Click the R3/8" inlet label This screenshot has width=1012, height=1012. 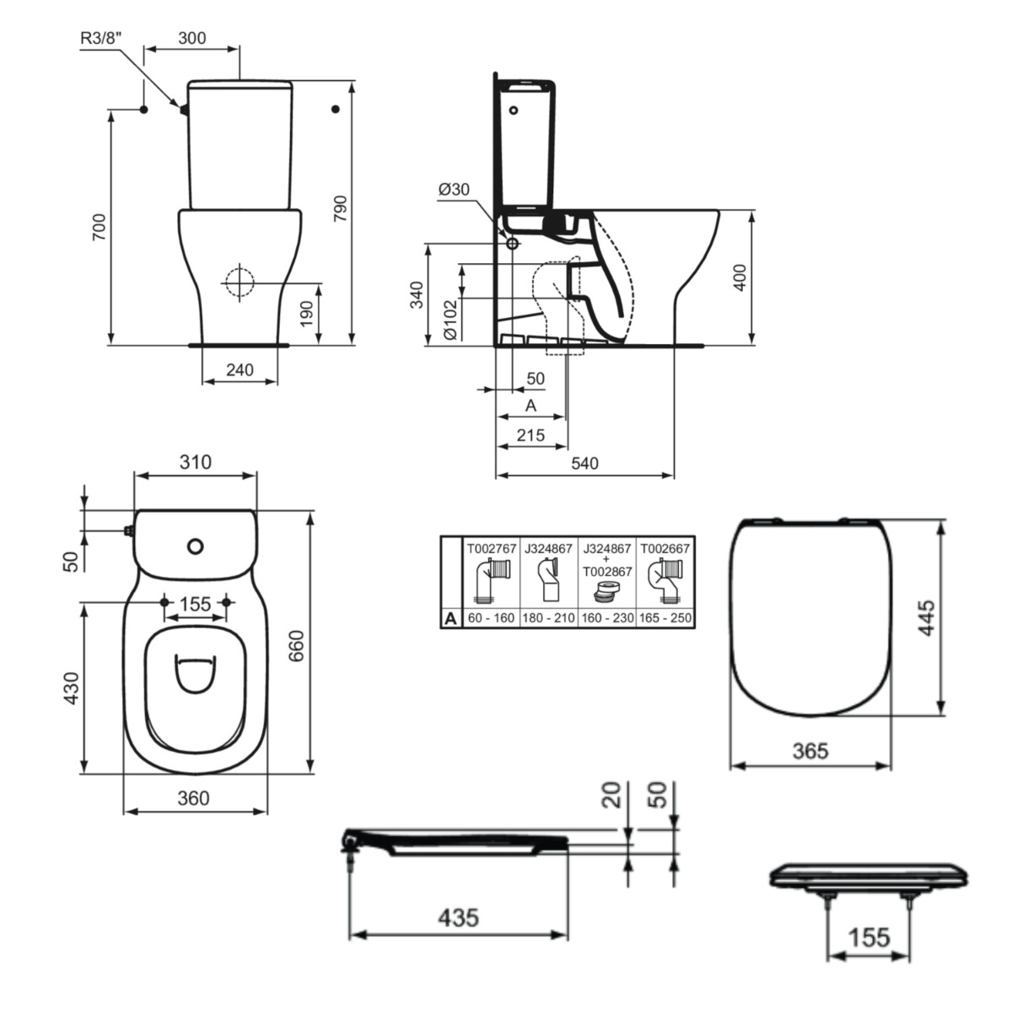click(x=105, y=38)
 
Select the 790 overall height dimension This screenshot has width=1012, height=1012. click(x=341, y=208)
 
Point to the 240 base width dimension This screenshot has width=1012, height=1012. click(x=240, y=369)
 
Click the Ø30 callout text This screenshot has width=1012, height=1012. click(x=454, y=189)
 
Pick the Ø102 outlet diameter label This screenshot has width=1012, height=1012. click(x=450, y=320)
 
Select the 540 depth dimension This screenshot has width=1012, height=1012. click(x=584, y=463)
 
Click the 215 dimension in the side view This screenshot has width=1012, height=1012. click(x=530, y=435)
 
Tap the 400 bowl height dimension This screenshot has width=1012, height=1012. click(x=740, y=277)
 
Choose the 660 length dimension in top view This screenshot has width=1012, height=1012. click(x=297, y=645)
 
